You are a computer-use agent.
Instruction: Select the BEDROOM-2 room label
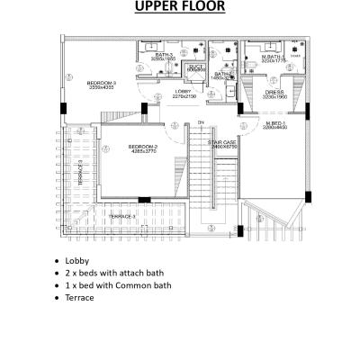tap(142, 146)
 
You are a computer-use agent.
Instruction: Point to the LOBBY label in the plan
tap(183, 91)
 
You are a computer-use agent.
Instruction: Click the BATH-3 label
tap(163, 54)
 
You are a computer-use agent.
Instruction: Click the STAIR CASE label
tap(221, 142)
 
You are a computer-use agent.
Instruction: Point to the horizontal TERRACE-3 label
tap(122, 217)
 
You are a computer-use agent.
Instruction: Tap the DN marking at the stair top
tap(202, 122)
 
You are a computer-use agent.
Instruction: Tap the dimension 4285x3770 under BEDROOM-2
tap(142, 151)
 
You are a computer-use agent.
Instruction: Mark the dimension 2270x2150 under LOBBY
tap(183, 96)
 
